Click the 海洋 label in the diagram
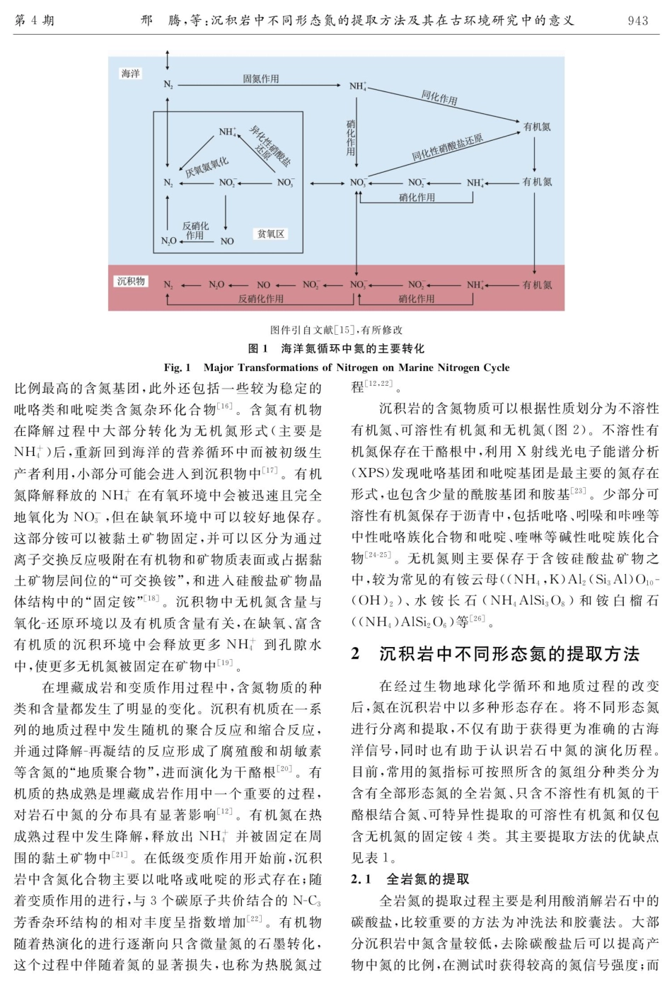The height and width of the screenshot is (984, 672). pyautogui.click(x=130, y=74)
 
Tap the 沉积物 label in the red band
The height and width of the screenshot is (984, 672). pyautogui.click(x=131, y=281)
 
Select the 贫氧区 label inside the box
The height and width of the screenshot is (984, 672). pyautogui.click(x=271, y=234)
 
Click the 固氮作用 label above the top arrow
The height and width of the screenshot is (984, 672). pyautogui.click(x=261, y=79)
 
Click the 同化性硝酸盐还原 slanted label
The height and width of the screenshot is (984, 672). pyautogui.click(x=447, y=148)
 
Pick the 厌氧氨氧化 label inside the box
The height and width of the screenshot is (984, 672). pyautogui.click(x=207, y=167)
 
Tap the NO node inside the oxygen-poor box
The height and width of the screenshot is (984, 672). pyautogui.click(x=227, y=241)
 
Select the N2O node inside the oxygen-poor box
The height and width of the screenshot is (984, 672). pyautogui.click(x=168, y=241)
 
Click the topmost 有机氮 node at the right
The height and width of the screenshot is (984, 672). pyautogui.click(x=537, y=127)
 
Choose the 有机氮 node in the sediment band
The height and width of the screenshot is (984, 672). pyautogui.click(x=537, y=285)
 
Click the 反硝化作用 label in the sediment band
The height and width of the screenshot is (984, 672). pyautogui.click(x=260, y=299)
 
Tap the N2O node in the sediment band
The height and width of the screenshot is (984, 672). pyautogui.click(x=216, y=285)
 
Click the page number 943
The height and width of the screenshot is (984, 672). pyautogui.click(x=638, y=21)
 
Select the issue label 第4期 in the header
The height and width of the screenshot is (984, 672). pyautogui.click(x=34, y=21)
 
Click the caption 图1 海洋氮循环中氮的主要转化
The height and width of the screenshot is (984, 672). pyautogui.click(x=336, y=348)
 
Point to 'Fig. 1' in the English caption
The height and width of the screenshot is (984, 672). pyautogui.click(x=178, y=367)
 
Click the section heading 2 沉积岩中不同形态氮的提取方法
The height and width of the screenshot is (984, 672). pyautogui.click(x=495, y=653)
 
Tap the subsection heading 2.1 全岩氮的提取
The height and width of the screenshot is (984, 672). pyautogui.click(x=410, y=879)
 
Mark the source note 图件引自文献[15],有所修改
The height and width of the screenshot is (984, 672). pyautogui.click(x=336, y=330)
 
